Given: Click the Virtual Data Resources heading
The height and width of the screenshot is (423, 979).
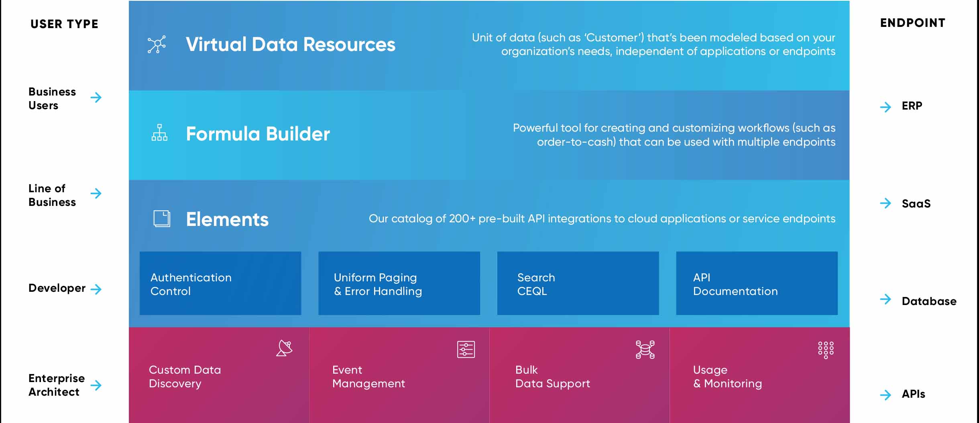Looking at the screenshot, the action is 291,45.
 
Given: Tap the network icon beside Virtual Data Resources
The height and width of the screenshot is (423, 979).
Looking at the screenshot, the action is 157,45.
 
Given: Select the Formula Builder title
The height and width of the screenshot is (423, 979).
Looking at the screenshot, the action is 258,134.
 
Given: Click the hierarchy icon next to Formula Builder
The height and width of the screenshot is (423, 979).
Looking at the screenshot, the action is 159,132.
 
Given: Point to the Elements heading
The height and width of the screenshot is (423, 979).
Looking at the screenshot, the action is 227,220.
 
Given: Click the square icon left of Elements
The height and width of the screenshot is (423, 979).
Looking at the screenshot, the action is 162,219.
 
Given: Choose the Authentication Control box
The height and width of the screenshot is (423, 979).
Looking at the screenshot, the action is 220,283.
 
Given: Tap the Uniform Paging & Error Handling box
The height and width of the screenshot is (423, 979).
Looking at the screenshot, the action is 399,283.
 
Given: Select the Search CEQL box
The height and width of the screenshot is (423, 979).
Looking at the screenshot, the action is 578,283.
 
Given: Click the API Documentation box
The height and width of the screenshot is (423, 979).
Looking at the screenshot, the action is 757,283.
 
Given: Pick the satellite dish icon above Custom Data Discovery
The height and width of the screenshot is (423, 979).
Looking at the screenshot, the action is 284,348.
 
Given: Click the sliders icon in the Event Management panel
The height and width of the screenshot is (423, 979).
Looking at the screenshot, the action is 466,349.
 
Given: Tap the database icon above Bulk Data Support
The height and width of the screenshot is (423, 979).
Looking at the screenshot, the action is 645,349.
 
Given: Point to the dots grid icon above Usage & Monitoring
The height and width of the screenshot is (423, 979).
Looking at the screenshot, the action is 826,350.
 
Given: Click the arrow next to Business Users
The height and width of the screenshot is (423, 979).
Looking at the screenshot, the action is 96,97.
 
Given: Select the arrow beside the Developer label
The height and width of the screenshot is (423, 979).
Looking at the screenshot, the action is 96,289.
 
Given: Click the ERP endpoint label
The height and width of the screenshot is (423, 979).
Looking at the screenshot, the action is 912,106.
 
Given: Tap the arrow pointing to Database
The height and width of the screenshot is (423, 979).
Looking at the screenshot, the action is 885,299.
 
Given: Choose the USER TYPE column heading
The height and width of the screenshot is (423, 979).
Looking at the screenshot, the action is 64,24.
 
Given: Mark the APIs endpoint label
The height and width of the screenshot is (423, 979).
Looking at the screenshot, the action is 913,394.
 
